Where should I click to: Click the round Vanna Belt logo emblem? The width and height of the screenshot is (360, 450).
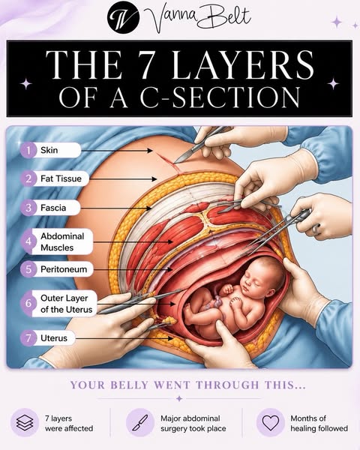pyautogui.click(x=124, y=18)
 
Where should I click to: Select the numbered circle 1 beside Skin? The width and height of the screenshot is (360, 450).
pyautogui.click(x=28, y=150)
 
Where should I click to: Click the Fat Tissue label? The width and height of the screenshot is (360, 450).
pyautogui.click(x=61, y=178)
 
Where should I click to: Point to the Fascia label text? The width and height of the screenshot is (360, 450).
pyautogui.click(x=53, y=208)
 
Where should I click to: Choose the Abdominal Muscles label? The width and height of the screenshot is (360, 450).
pyautogui.click(x=62, y=242)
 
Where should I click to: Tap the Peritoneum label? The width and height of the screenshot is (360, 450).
pyautogui.click(x=64, y=269)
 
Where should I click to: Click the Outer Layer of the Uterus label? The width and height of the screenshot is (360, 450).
pyautogui.click(x=66, y=304)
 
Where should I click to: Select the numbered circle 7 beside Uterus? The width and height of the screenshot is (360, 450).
pyautogui.click(x=28, y=338)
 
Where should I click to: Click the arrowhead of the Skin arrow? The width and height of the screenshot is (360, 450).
pyautogui.click(x=150, y=151)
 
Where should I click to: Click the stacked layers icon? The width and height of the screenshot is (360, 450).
pyautogui.click(x=25, y=422)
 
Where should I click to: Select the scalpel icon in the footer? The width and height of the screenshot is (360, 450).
pyautogui.click(x=139, y=422)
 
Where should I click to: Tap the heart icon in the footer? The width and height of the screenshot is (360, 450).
pyautogui.click(x=271, y=422)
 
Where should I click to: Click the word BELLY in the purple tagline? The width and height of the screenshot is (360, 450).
pyautogui.click(x=129, y=385)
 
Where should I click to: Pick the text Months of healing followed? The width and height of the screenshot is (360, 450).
pyautogui.click(x=319, y=423)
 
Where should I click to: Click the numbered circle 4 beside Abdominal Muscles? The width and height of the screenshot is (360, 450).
pyautogui.click(x=28, y=241)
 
